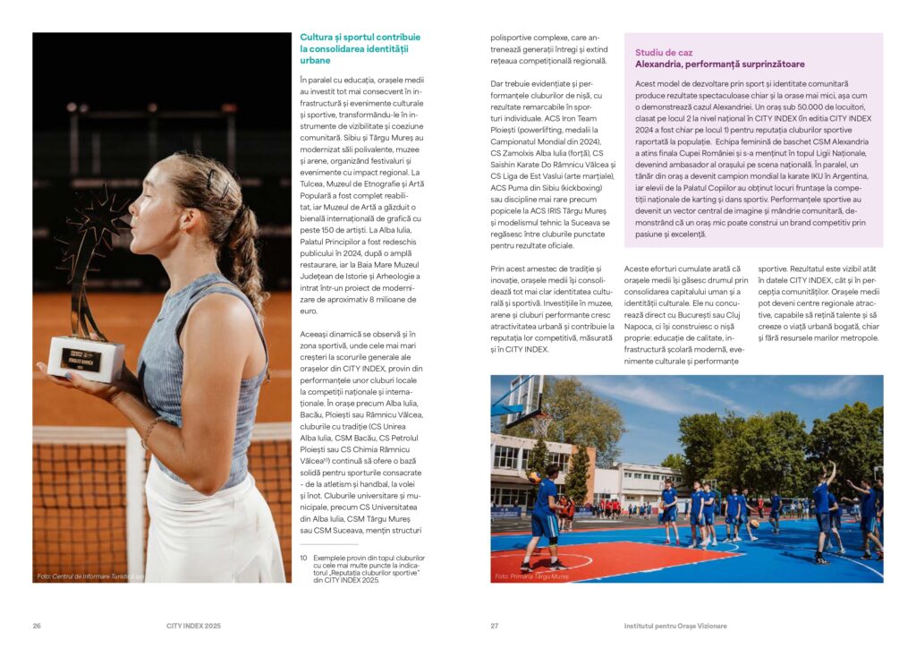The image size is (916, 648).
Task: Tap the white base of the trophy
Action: click(x=86, y=359)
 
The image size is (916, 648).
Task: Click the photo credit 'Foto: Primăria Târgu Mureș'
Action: click(x=531, y=576)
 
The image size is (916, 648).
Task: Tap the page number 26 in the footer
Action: click(x=37, y=626)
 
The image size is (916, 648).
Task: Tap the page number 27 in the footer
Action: click(x=494, y=626)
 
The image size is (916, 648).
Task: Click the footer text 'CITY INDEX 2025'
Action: click(x=193, y=626)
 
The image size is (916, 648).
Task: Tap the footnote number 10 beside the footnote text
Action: click(x=303, y=558)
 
